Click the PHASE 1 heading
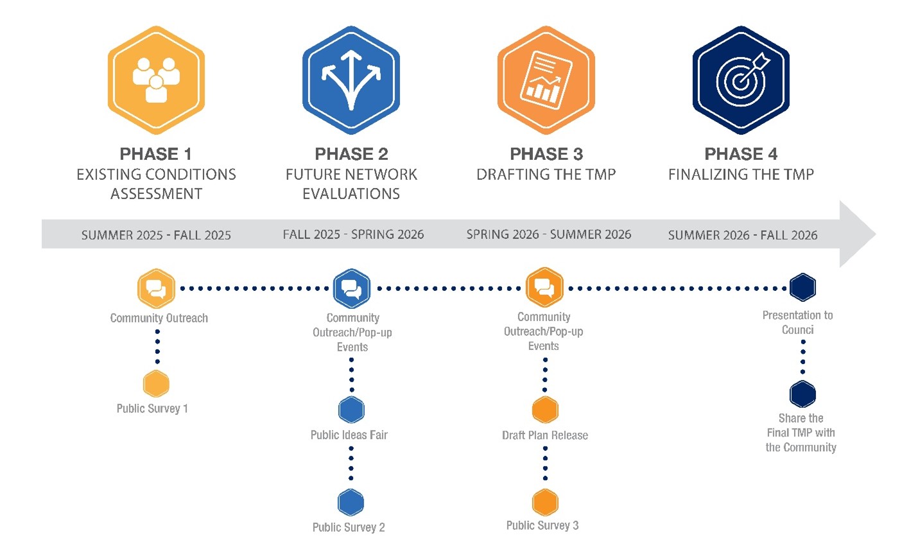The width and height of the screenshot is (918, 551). [156, 154]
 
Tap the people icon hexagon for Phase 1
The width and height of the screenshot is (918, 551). [156, 80]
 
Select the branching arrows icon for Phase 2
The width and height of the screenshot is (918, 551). [351, 80]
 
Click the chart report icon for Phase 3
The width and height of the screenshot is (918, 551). [546, 80]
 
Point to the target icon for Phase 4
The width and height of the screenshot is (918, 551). [741, 80]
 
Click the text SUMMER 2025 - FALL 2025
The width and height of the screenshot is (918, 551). [156, 235]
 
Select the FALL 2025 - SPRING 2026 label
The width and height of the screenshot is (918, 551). [353, 234]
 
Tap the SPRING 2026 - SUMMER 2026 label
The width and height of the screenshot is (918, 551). [549, 234]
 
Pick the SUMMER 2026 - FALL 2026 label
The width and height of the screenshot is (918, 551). [743, 235]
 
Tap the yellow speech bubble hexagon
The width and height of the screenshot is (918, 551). [156, 288]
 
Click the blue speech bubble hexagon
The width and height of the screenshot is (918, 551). [352, 288]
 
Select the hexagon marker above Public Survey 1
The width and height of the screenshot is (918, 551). [156, 384]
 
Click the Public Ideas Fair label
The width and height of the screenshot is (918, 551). [349, 435]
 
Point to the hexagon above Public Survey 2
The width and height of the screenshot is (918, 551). [351, 502]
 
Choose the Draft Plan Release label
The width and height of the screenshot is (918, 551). [545, 435]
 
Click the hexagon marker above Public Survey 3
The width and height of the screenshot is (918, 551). [546, 502]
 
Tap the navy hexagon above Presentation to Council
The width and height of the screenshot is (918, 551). [803, 287]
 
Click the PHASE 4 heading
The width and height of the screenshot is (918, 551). [741, 154]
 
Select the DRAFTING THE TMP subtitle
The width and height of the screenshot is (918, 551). [546, 174]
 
